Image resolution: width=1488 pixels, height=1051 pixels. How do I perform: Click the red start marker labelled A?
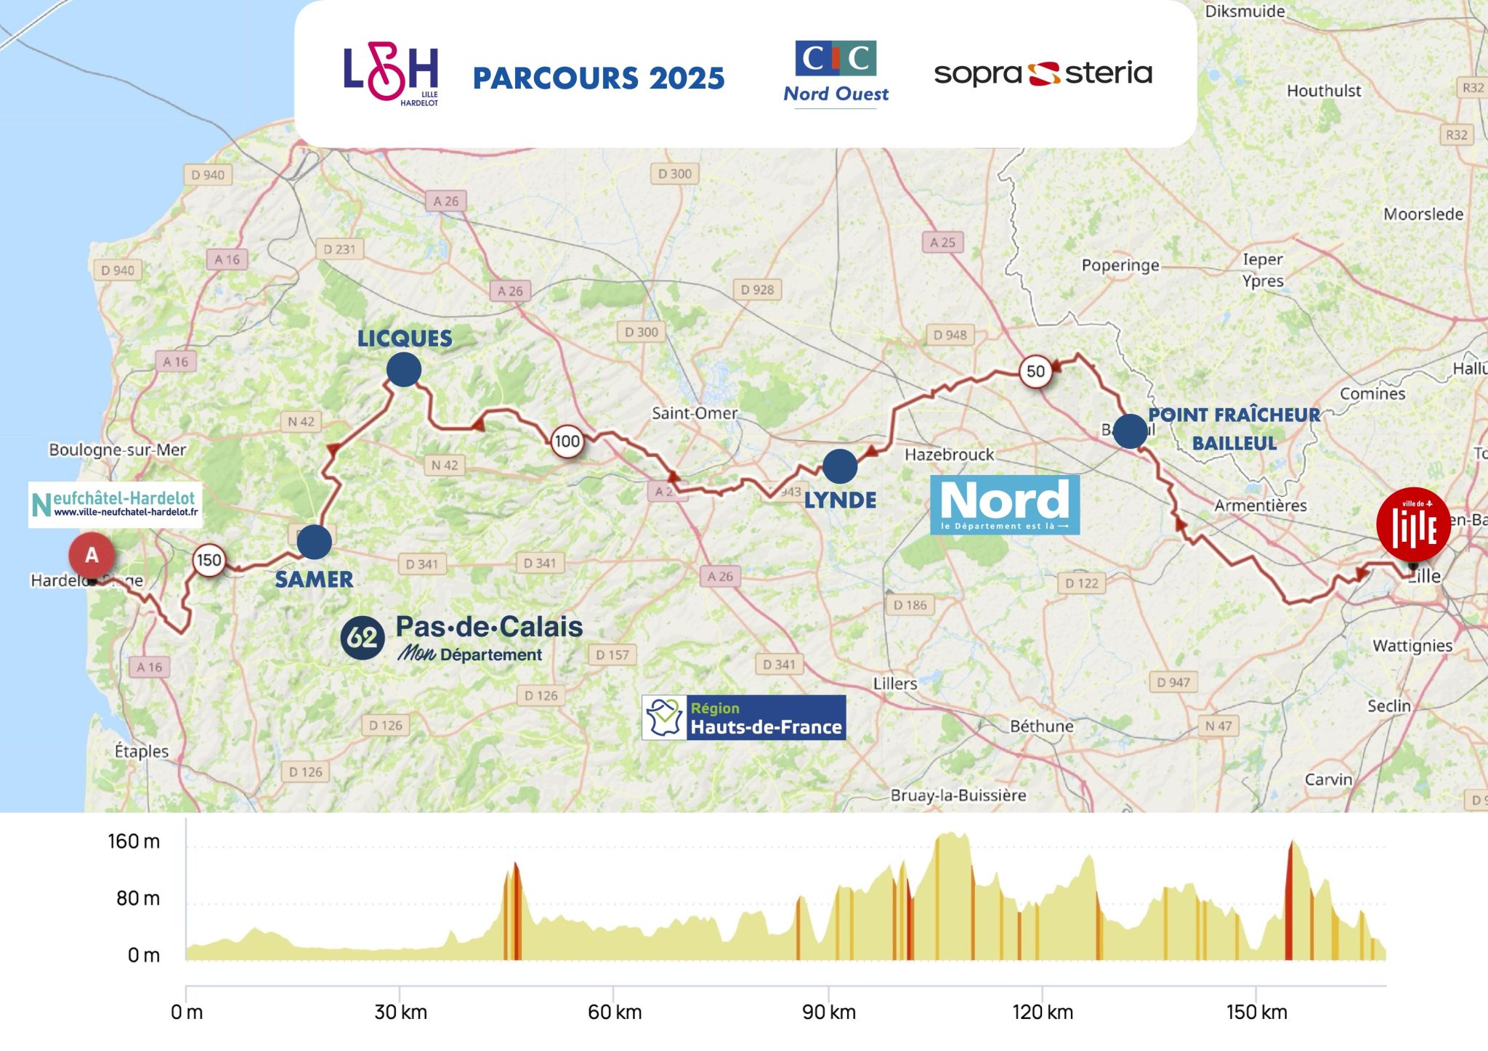pos(92,556)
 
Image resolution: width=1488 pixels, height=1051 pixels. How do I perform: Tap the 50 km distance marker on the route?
pos(1035,371)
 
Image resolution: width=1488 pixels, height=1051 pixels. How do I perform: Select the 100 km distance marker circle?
pos(567,441)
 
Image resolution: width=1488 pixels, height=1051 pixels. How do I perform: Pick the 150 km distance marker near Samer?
pos(209,560)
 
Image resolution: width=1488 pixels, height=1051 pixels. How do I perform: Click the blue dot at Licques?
pos(404,370)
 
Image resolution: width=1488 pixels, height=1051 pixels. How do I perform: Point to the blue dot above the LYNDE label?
pos(840,466)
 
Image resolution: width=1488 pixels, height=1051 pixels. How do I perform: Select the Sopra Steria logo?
pos(1043,73)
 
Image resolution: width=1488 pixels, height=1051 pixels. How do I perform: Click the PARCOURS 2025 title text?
pos(599,78)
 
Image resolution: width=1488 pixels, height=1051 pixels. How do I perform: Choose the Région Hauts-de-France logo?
pos(743,718)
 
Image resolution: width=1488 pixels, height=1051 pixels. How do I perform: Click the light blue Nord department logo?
pos(1005,505)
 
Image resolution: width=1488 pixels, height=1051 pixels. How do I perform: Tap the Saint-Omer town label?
pos(694,413)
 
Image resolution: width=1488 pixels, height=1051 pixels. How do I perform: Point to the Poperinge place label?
pos(1120,265)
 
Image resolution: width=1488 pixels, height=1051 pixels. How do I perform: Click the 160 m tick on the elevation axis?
pos(134,841)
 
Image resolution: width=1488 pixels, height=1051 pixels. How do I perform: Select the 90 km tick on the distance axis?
pos(828,1012)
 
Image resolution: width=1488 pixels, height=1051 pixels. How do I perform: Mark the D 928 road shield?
pos(757,289)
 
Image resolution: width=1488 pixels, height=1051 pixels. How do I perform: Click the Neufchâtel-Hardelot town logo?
pos(116,504)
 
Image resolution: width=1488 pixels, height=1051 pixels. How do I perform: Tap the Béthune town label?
pos(1041,726)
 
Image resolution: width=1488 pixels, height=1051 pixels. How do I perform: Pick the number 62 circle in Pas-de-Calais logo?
pos(362,638)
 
